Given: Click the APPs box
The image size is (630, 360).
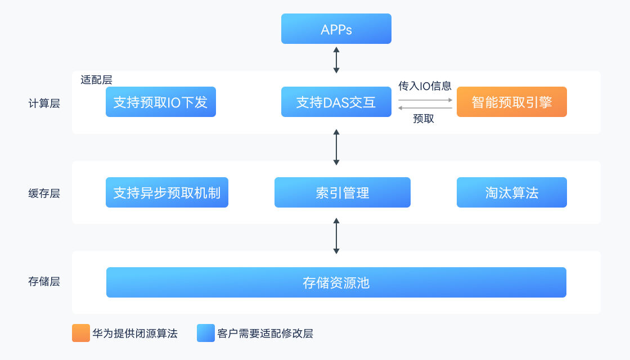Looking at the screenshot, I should click(336, 29).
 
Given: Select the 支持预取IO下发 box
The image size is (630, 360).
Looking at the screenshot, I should click(160, 102).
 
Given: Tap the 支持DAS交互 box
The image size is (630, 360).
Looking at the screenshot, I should click(336, 102).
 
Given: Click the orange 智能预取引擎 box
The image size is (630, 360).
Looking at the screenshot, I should click(511, 102).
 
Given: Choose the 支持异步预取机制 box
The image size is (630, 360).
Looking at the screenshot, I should click(166, 193).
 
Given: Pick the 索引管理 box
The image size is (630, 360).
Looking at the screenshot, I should click(342, 193).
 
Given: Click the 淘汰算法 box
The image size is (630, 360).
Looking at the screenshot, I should click(511, 193).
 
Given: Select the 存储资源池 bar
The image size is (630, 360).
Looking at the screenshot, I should click(336, 282).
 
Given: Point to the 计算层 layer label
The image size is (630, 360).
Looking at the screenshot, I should click(44, 103).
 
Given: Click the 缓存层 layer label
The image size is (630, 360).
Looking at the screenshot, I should click(44, 193).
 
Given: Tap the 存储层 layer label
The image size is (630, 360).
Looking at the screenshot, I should click(44, 282).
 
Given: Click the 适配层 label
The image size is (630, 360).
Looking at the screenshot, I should click(96, 80).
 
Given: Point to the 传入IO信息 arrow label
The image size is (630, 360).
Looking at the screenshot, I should click(425, 86).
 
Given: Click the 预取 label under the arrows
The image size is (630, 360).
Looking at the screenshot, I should click(424, 119).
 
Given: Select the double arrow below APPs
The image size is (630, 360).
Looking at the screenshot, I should click(336, 60).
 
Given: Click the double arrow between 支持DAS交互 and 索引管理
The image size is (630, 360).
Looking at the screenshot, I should click(336, 147).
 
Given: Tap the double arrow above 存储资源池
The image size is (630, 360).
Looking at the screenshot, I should click(336, 237).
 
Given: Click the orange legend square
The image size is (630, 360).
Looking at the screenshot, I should click(81, 333).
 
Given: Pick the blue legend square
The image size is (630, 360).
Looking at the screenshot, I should click(206, 333).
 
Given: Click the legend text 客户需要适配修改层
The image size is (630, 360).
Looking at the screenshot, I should click(265, 334).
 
